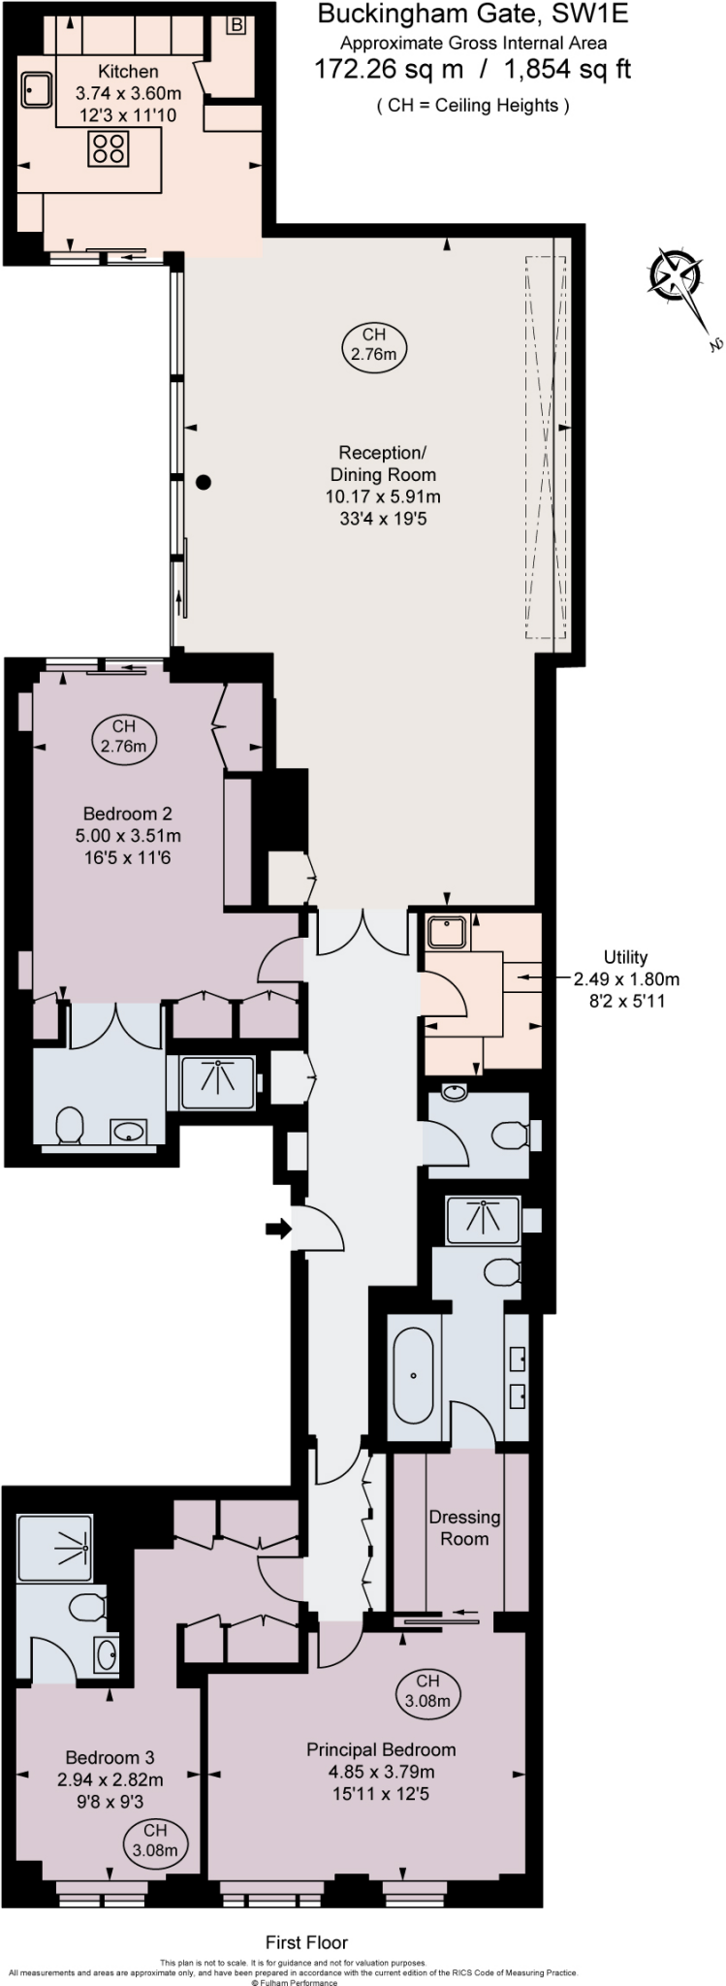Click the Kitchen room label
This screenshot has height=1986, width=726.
[x=128, y=72]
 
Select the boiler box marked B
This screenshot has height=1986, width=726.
[x=237, y=26]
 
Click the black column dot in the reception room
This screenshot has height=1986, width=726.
[x=203, y=482]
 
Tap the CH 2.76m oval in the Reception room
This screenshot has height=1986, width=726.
[x=373, y=344]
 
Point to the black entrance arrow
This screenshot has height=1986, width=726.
[x=278, y=1230]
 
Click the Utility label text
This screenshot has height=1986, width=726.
[x=624, y=957]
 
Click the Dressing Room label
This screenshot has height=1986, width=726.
[x=464, y=1527]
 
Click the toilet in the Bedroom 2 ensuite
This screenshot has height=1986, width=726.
[x=69, y=1126]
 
